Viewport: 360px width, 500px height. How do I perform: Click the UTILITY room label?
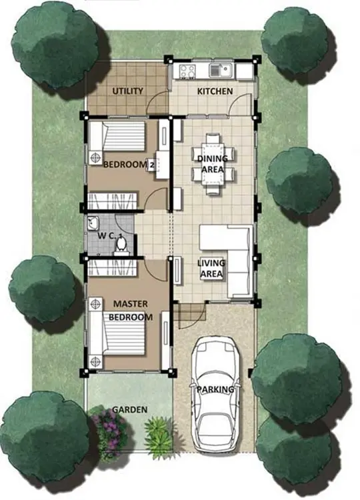point(127,91)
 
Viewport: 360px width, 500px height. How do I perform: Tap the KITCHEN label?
point(215,91)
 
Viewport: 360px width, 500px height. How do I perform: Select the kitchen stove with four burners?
point(187,71)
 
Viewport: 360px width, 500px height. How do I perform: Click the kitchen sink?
point(221,70)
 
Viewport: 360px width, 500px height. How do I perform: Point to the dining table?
point(213,164)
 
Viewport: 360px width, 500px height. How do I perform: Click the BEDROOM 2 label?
point(129,165)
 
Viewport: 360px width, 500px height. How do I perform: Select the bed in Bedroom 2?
point(117,136)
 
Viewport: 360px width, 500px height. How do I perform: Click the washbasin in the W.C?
point(93,223)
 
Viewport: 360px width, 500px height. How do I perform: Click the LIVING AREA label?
point(211,269)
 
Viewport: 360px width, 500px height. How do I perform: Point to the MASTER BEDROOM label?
point(131,310)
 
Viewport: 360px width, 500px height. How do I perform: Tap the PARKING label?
point(215,389)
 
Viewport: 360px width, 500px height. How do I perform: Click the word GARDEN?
point(130,410)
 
